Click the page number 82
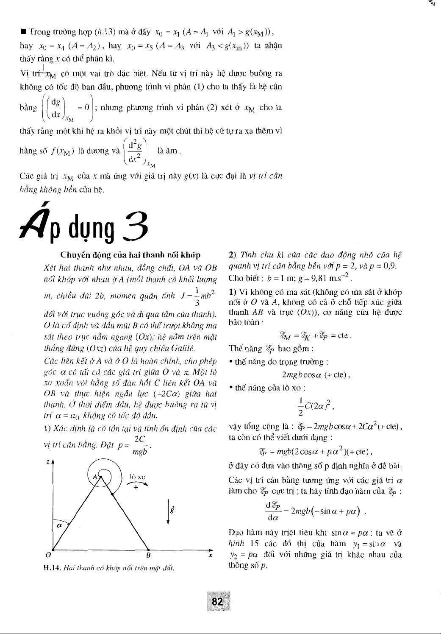pos(217,601)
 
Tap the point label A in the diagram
pos(95,478)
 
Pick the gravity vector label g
pos(172,508)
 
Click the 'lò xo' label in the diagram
pos(137,478)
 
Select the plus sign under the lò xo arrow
pos(136,487)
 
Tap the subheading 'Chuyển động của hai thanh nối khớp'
pos(130,255)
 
